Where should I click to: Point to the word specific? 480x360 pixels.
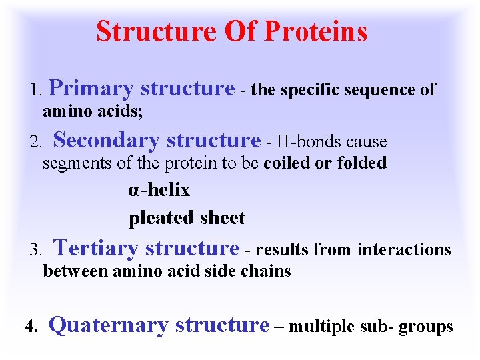click(311, 91)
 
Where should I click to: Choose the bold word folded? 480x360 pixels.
click(362, 163)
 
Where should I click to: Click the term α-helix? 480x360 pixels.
click(159, 191)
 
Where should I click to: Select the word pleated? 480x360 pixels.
click(157, 218)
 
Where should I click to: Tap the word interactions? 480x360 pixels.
click(405, 250)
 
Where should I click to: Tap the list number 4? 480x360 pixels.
click(29, 327)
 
